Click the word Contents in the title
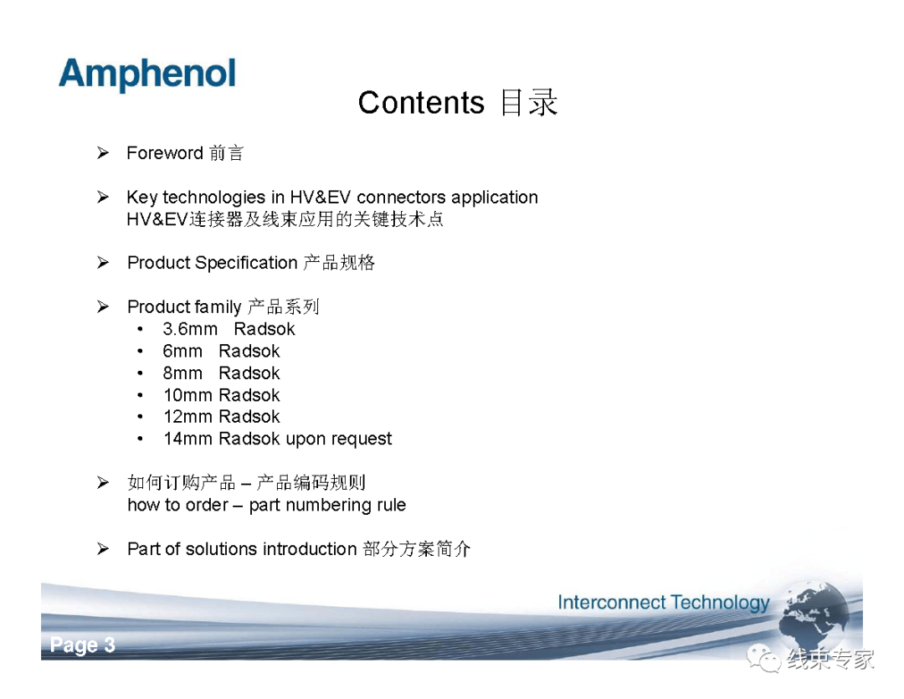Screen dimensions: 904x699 coord(421,103)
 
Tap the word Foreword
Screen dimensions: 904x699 coord(164,153)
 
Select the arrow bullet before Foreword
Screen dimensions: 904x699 coord(103,153)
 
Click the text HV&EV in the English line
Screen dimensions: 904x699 coord(320,198)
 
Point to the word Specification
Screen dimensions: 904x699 coord(246,263)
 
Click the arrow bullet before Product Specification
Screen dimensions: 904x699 coord(103,262)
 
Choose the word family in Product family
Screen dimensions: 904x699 coord(210,307)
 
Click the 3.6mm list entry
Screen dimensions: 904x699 coord(190,329)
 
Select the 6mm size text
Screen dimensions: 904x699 coord(182,352)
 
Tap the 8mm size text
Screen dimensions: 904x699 coord(182,373)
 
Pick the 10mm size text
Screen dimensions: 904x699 coord(188,395)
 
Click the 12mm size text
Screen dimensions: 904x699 coord(188,416)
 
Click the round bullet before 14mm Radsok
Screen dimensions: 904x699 coord(140,439)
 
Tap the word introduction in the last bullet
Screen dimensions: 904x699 coord(310,549)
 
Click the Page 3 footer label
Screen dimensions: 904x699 coord(82,645)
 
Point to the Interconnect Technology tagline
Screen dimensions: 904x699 coord(664,603)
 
